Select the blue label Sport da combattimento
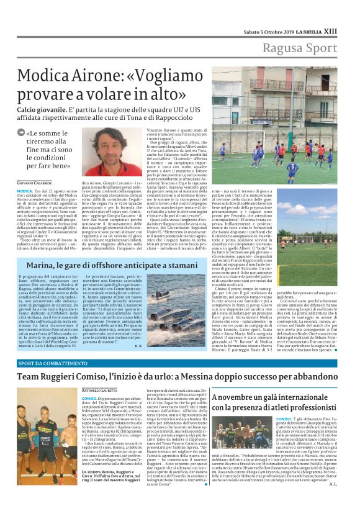[48, 363]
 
